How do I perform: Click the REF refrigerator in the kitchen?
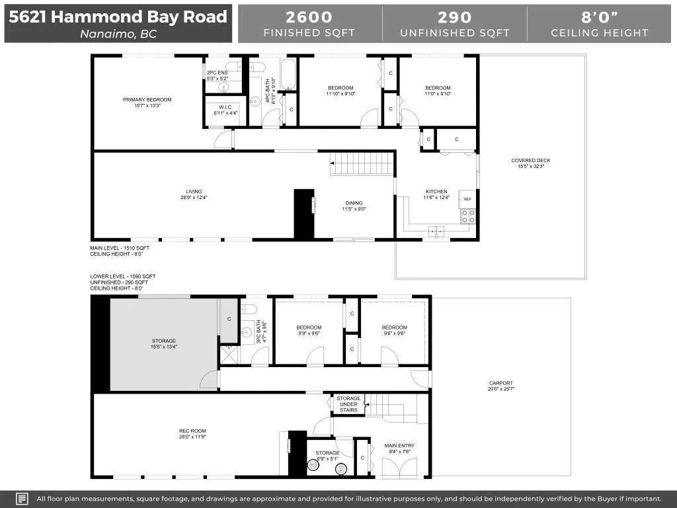coord(467,199)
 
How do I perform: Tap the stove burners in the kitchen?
coord(468,216)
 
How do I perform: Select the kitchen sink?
coord(436,232)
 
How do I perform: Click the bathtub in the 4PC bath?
coord(288,74)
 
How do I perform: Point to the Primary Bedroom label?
coord(147,100)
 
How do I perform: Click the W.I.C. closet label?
coord(225,107)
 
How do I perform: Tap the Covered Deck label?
coord(531,160)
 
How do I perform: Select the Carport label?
coord(501,383)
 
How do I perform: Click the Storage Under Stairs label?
coord(348,404)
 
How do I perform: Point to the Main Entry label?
coord(399,445)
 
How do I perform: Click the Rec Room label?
coord(192,431)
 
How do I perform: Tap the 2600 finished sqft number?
coord(309,17)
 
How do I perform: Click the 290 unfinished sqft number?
coord(455,17)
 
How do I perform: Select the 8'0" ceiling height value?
coord(599,17)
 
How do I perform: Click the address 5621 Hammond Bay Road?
coord(118,17)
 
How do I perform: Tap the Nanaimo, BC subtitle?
coord(118,34)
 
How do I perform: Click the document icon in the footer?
coord(22,499)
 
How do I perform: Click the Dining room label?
coord(354,203)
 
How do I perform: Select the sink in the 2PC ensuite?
coord(223,87)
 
